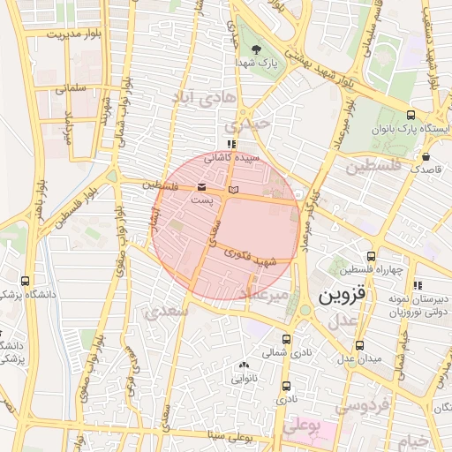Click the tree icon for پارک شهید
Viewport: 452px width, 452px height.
[x=256, y=49]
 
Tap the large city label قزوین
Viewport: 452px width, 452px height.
[x=341, y=291]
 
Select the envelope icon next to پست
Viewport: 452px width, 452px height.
[x=203, y=187]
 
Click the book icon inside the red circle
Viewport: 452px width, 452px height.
[x=233, y=189]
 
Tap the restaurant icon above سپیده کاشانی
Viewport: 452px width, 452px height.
[x=231, y=144]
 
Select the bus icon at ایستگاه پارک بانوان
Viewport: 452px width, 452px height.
[x=410, y=115]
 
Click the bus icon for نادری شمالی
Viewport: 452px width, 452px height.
[x=285, y=339]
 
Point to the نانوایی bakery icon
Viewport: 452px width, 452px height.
[x=244, y=365]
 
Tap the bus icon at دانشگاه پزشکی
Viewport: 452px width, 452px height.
[x=26, y=280]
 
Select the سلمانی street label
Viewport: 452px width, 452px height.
[x=70, y=88]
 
